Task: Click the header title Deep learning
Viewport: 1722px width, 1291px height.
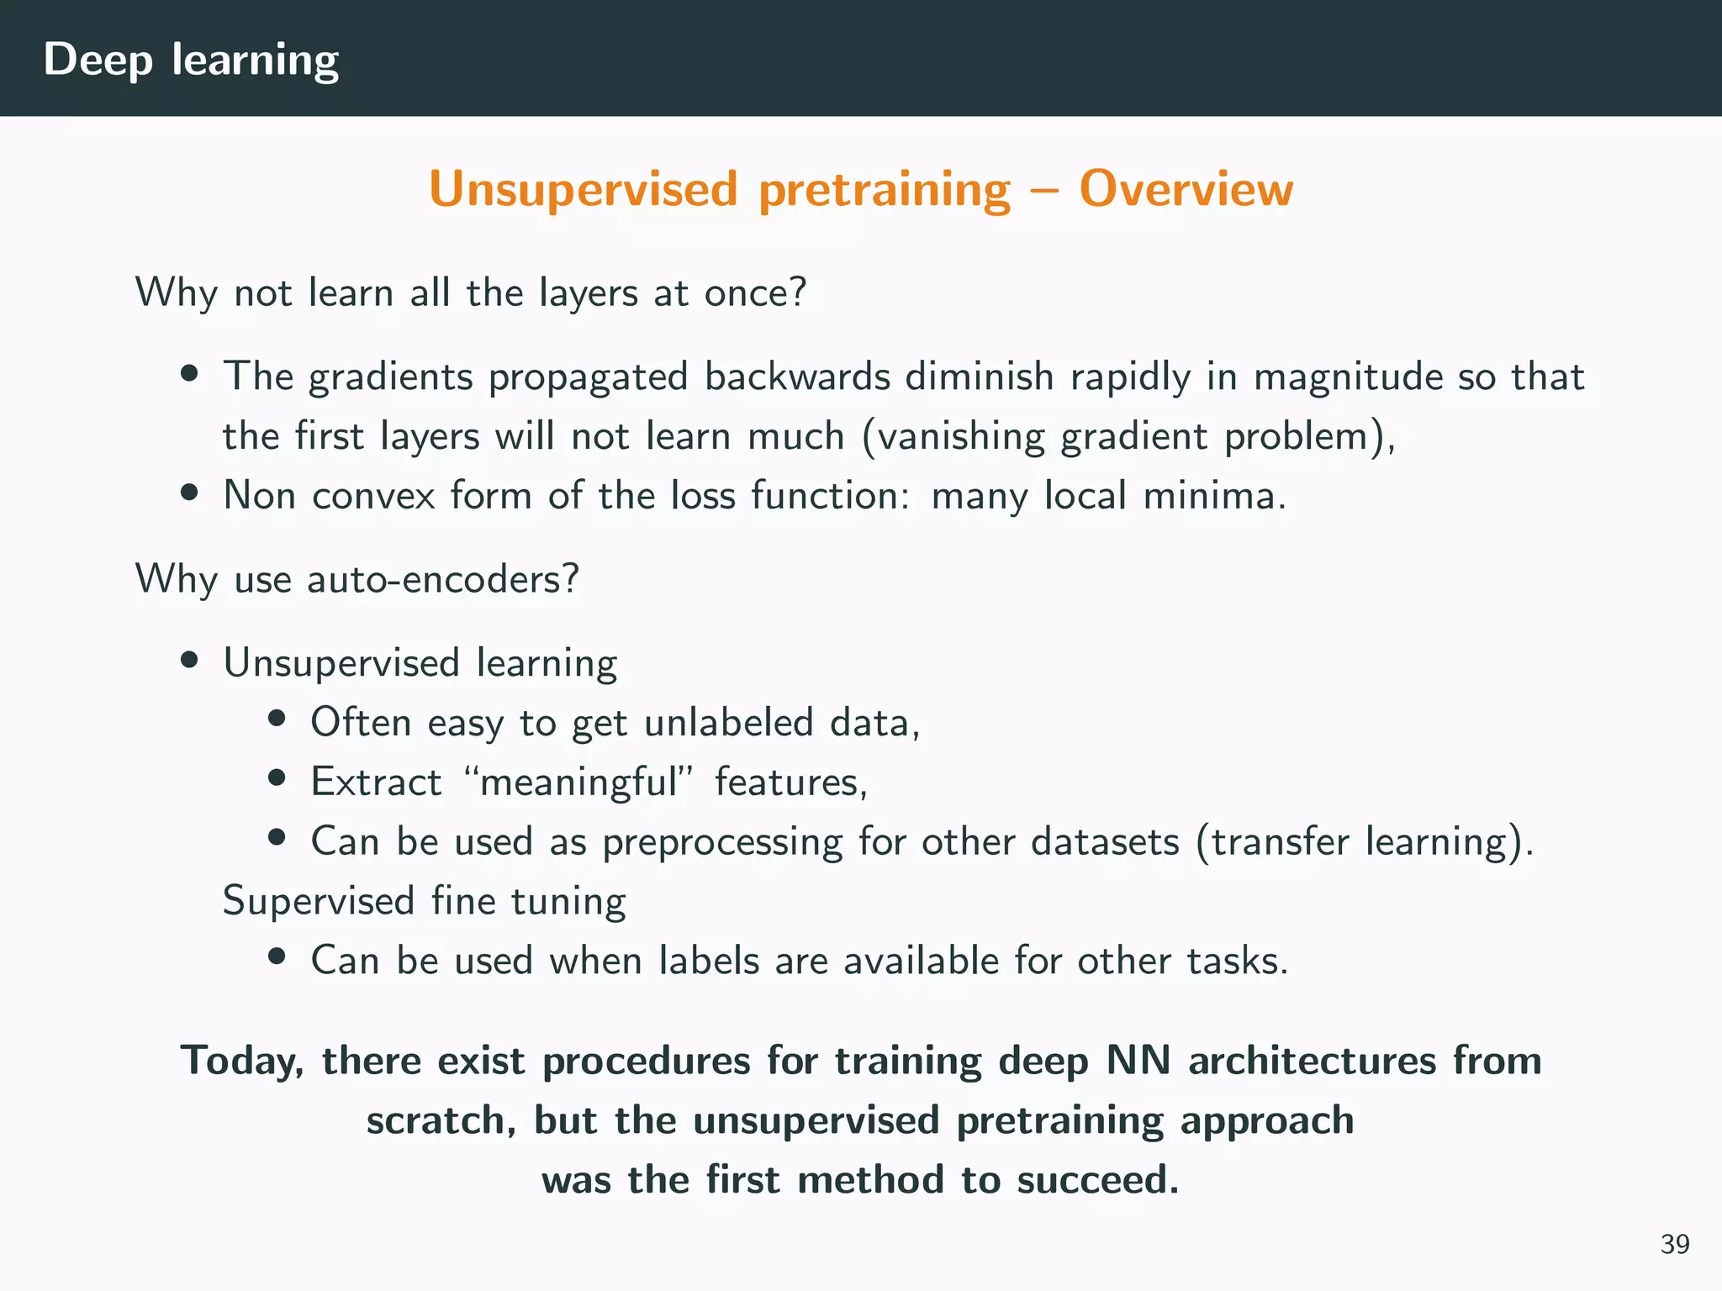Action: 191,61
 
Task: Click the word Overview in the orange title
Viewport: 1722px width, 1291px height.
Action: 1186,188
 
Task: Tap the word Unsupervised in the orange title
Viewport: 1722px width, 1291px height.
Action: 583,190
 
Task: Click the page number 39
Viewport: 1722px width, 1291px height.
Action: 1674,1244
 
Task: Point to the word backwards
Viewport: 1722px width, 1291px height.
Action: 796,377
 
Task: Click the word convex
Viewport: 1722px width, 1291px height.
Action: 373,495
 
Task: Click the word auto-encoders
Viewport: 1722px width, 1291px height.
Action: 442,580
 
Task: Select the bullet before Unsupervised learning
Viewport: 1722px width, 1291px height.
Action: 189,661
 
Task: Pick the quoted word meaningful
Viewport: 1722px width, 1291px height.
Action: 578,783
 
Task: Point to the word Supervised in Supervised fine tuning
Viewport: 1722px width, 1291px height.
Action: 319,902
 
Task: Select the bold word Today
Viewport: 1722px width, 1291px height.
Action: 242,1062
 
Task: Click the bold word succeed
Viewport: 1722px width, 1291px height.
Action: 1097,1181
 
